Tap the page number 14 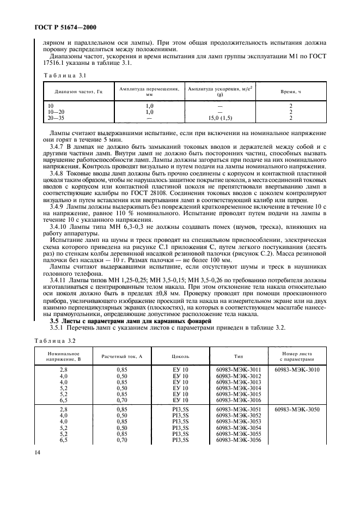click(x=38, y=453)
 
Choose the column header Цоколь click(x=180, y=356)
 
